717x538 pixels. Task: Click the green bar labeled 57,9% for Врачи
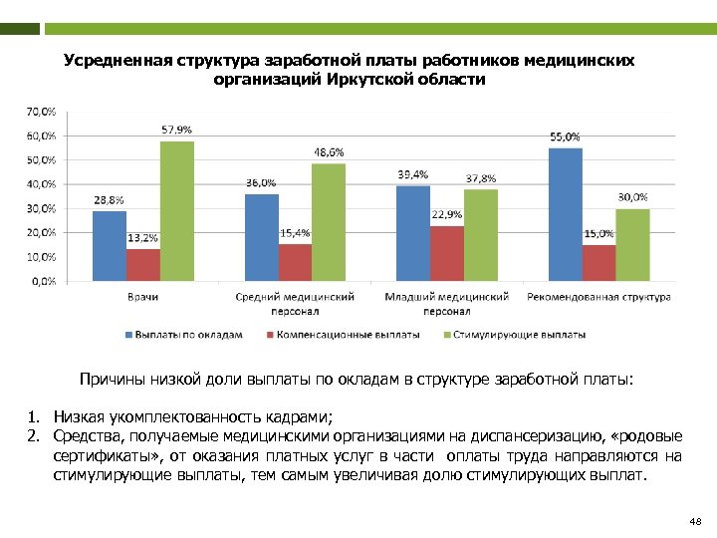[177, 210]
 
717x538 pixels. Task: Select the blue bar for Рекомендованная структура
[565, 214]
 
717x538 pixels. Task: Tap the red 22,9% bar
[447, 253]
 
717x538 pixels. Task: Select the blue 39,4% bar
[413, 233]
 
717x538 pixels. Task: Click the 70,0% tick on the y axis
[41, 111]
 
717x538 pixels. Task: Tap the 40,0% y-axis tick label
[41, 184]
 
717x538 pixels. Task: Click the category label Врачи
[143, 297]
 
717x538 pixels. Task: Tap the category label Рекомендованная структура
[598, 297]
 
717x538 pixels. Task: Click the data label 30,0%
[632, 197]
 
